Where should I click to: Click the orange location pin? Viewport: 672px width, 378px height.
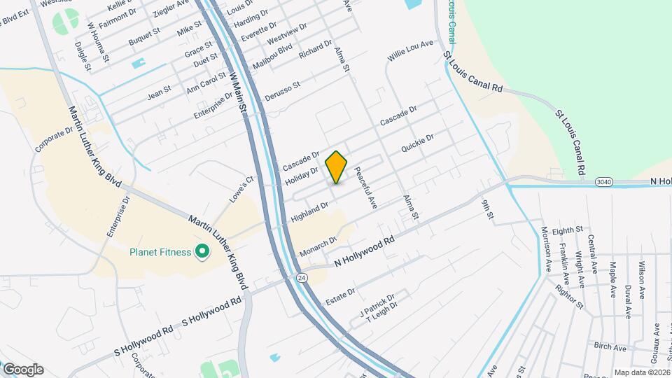tap(337, 167)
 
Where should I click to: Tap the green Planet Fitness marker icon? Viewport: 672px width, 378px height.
tap(203, 251)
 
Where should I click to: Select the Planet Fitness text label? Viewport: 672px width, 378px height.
tap(160, 251)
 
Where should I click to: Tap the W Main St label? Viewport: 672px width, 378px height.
tap(238, 92)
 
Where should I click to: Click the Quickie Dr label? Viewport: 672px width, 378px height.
tap(418, 143)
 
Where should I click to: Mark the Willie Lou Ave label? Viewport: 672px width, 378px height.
tap(411, 50)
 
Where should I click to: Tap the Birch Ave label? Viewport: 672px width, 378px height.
tap(609, 347)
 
